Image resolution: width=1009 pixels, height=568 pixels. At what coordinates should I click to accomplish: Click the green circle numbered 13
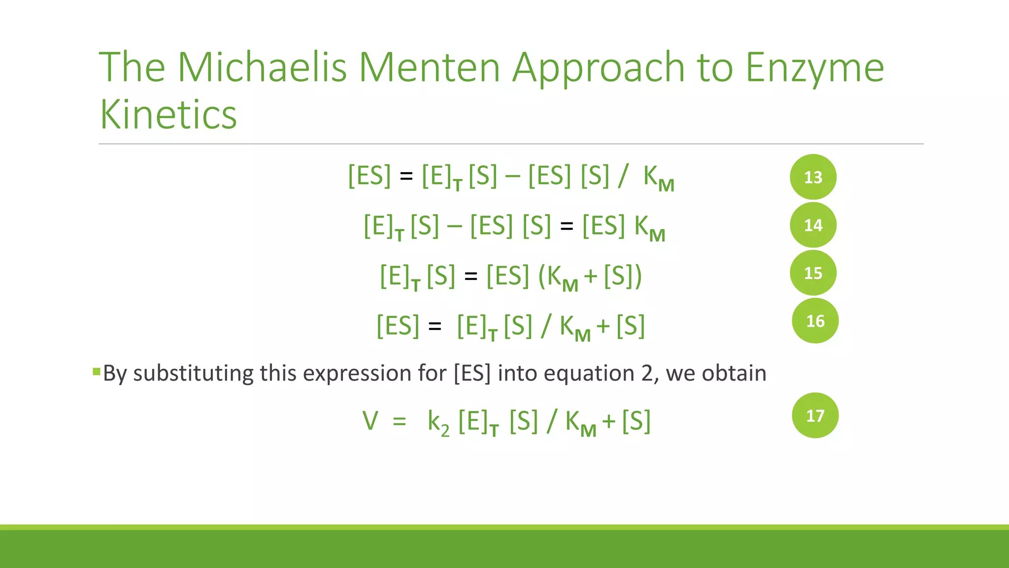(813, 177)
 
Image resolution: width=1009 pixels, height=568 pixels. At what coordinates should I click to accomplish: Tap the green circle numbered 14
(813, 225)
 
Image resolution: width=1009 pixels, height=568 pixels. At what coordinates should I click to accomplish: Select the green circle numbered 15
(813, 273)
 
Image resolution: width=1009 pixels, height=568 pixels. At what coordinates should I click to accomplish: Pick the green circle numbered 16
(815, 321)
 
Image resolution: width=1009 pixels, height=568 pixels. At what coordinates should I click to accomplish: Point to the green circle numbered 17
(815, 416)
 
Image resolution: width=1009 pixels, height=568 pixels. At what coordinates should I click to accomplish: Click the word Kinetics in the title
(168, 114)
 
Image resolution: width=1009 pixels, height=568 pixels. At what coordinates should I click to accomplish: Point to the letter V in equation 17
(370, 421)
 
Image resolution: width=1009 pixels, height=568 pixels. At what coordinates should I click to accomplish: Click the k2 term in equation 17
(438, 422)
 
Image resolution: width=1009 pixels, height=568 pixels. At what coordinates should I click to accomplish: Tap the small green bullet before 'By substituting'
(96, 371)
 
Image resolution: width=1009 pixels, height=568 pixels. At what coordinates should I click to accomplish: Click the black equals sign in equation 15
(471, 277)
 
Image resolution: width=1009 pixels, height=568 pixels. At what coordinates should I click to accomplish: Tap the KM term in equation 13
(658, 178)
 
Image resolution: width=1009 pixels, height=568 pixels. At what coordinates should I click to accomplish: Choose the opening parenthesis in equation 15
(542, 276)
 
